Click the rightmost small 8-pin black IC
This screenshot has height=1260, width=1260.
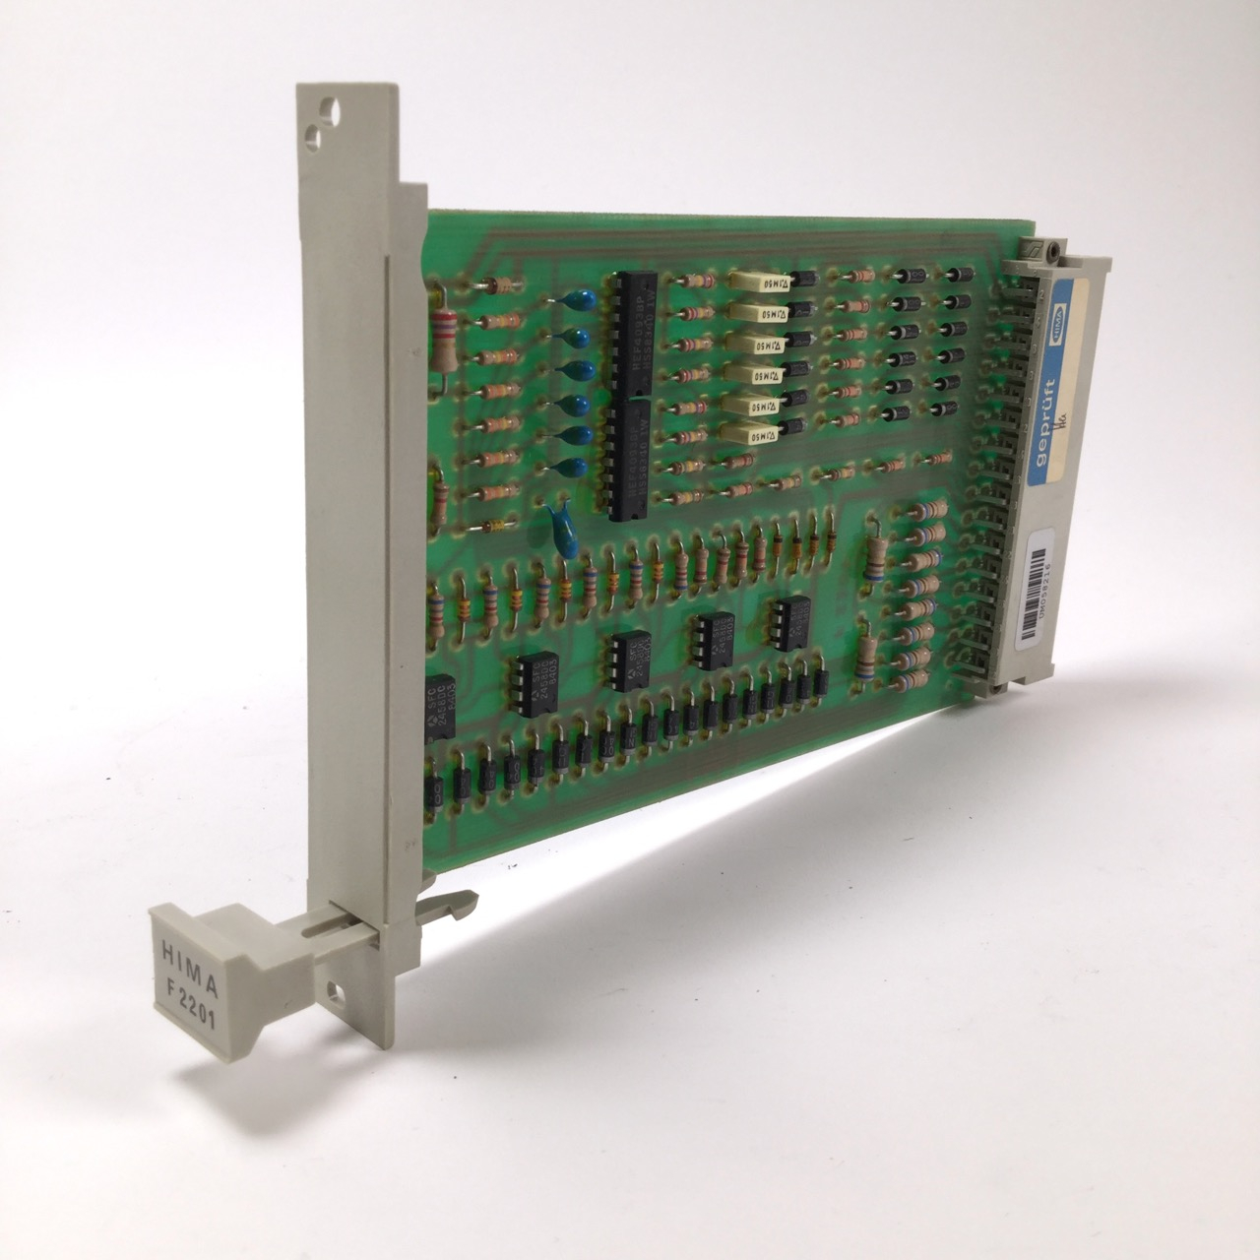point(791,622)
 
